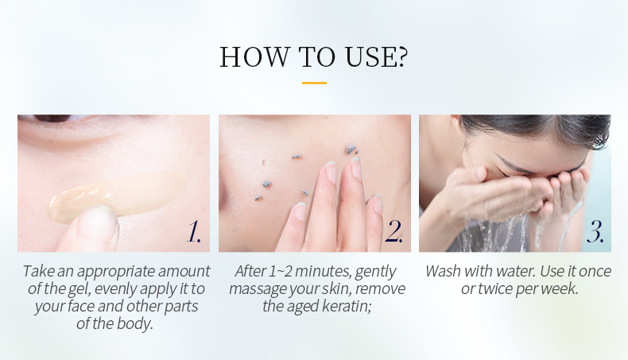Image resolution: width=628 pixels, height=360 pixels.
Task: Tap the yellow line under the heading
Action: click(x=314, y=82)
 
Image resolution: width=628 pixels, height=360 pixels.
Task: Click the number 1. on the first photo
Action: click(x=194, y=232)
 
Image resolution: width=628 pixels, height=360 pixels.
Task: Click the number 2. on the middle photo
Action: click(x=393, y=232)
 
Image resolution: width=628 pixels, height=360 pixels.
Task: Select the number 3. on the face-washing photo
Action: click(x=595, y=232)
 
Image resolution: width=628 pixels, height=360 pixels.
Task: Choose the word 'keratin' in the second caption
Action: click(x=342, y=307)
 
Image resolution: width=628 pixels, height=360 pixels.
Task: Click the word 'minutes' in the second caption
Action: click(x=323, y=272)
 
